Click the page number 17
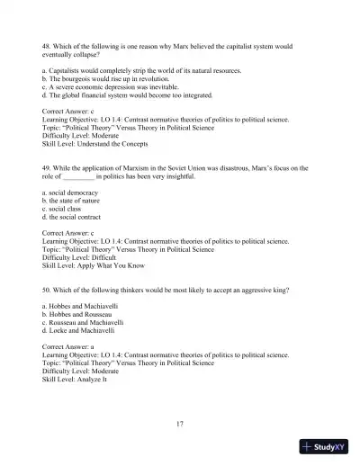pos(180,422)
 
